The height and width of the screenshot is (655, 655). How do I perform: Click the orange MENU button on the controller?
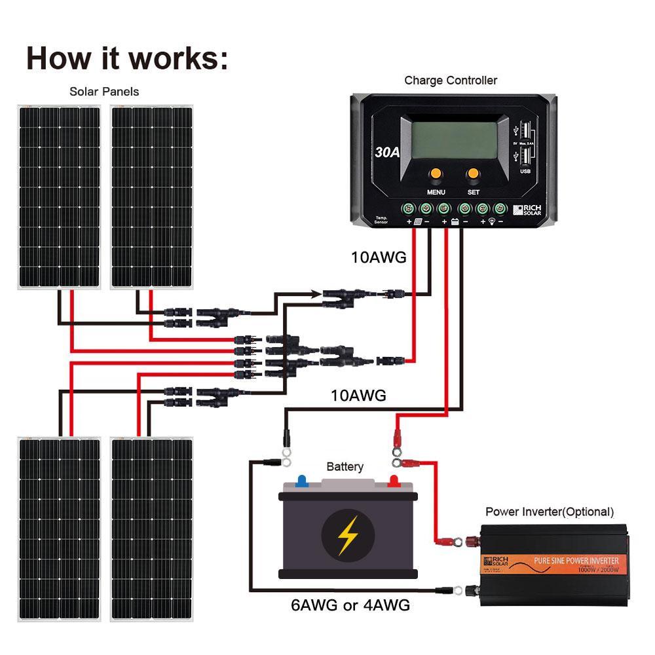pyautogui.click(x=436, y=174)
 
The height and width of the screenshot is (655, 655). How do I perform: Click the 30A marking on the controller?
pyautogui.click(x=387, y=153)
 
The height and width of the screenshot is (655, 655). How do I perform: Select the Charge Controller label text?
pyautogui.click(x=450, y=81)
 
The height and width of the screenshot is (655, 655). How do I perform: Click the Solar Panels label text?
pyautogui.click(x=104, y=92)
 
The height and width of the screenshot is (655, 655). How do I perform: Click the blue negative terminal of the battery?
pyautogui.click(x=301, y=481)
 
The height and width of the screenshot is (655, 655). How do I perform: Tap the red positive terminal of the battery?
pyautogui.click(x=394, y=481)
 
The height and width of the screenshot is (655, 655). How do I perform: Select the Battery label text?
pyautogui.click(x=345, y=467)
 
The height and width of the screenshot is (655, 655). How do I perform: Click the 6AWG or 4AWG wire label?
pyautogui.click(x=350, y=605)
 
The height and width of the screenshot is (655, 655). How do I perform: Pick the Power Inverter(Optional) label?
pyautogui.click(x=550, y=512)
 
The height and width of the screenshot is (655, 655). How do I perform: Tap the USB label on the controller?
pyautogui.click(x=525, y=172)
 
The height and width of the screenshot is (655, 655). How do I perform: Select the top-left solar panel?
pyautogui.click(x=59, y=196)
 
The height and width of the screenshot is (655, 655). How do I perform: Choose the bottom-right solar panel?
pyautogui.click(x=152, y=529)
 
